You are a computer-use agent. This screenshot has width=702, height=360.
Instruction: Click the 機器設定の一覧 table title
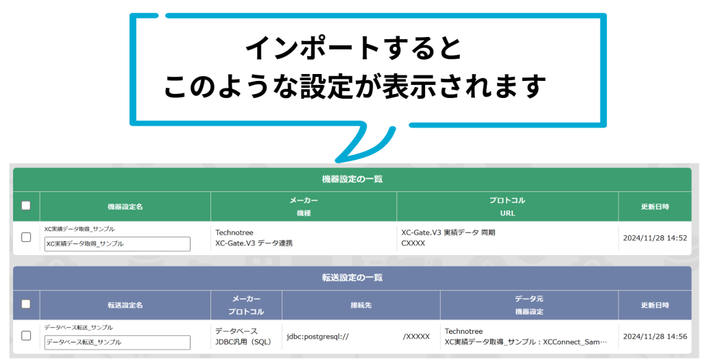[x=352, y=179]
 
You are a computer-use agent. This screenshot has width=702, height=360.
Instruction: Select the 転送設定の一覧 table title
[x=352, y=278]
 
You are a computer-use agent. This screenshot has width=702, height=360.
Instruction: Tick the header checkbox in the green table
[x=26, y=206]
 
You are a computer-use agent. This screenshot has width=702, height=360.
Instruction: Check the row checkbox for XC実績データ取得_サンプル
[x=26, y=237]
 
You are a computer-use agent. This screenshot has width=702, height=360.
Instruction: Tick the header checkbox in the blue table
[x=26, y=304]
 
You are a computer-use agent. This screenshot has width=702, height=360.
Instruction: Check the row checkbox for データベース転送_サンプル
[x=26, y=336]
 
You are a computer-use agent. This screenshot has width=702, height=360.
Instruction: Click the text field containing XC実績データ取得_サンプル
[x=117, y=243]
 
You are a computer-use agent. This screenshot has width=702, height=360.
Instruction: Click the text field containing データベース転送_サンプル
[x=117, y=342]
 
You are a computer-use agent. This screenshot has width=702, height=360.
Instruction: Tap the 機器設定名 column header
[x=125, y=206]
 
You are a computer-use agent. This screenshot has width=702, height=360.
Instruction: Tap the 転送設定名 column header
[x=125, y=305]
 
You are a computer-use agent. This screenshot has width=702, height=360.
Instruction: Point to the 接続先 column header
[x=361, y=305]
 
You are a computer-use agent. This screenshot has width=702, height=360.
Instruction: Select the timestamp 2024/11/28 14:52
[x=655, y=238]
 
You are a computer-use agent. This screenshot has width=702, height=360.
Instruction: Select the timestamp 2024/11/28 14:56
[x=655, y=337]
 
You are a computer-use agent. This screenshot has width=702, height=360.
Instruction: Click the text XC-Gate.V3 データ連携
[x=254, y=243]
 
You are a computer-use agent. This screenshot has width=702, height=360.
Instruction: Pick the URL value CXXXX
[x=413, y=243]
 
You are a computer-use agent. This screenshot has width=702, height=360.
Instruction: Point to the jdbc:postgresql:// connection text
[x=317, y=337]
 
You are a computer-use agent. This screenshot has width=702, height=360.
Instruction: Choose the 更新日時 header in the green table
[x=655, y=206]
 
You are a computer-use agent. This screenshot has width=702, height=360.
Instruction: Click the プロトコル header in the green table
[x=507, y=201]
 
